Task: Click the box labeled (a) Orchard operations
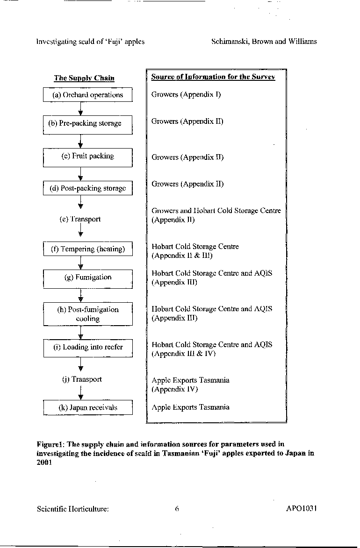tap(87, 95)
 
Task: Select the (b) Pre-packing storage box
tap(87, 125)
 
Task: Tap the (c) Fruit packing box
tap(87, 157)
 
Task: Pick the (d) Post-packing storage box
tap(87, 188)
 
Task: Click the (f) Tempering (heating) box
tap(88, 249)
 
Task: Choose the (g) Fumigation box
tap(88, 279)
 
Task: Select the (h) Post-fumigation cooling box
tap(88, 314)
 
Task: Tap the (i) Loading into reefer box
tap(88, 348)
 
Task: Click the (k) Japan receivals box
tap(88, 407)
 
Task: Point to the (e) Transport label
tap(80, 219)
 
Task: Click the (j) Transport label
tap(82, 379)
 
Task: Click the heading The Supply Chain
tap(84, 78)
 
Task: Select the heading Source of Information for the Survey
tap(213, 77)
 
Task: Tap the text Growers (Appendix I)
tap(186, 94)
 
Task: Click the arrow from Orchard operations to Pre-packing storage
tap(80, 109)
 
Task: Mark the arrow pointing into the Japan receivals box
tap(81, 393)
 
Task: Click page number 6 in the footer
tap(177, 509)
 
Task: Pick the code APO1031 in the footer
tap(302, 508)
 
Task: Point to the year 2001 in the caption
tap(44, 463)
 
